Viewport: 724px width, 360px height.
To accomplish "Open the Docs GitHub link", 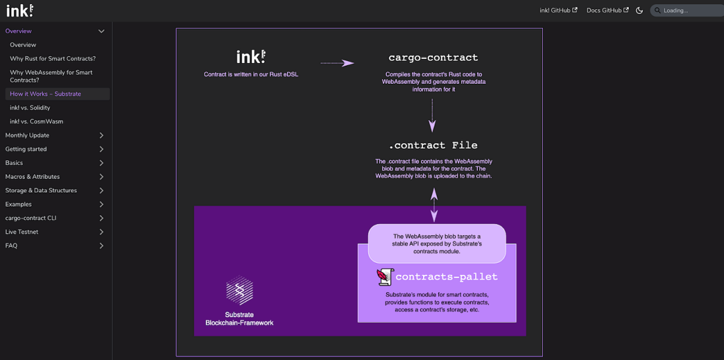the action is [x=607, y=10].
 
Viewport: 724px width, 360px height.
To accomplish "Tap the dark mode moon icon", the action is [x=640, y=11].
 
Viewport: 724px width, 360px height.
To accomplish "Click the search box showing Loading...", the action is [x=686, y=10].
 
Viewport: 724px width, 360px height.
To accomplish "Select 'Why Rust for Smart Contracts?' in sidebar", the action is [x=53, y=58].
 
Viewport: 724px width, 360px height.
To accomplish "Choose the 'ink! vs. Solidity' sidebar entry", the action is [x=30, y=107].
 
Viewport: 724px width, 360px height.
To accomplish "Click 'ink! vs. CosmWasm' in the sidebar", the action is [x=37, y=121].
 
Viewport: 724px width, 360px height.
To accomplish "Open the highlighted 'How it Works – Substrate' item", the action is [x=46, y=94].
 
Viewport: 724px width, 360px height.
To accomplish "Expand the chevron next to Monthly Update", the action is [x=101, y=135].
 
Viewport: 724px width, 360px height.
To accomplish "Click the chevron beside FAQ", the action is [x=101, y=245].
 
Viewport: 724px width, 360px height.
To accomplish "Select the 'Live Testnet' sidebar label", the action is [x=22, y=232].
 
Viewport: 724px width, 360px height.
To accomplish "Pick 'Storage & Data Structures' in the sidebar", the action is [x=41, y=190].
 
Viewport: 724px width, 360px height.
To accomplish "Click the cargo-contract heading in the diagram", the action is [x=433, y=58].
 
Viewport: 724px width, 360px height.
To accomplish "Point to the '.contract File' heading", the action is [x=433, y=145].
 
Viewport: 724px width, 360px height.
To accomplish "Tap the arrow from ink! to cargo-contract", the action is [x=337, y=63].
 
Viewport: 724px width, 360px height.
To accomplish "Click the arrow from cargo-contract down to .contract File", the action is [x=432, y=115].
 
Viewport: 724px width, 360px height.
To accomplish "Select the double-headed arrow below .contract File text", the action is [x=434, y=204].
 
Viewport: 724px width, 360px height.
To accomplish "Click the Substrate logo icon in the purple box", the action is [x=239, y=290].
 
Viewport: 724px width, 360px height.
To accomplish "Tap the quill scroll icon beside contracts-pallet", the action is [x=385, y=276].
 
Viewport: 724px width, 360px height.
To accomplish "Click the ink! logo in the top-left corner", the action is [x=20, y=10].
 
